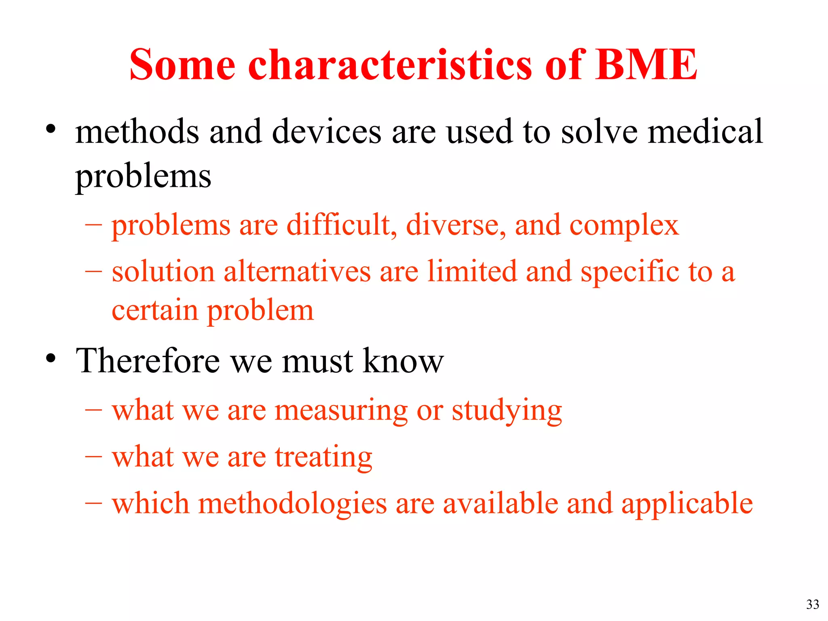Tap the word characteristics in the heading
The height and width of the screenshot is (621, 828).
[x=390, y=65]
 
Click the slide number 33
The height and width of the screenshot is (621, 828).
[x=812, y=604]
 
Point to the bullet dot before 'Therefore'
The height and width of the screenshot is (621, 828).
[x=51, y=358]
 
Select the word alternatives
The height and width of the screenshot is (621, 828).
[x=297, y=271]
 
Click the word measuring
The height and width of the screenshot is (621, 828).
[x=341, y=411]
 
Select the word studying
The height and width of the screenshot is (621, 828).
[x=507, y=411]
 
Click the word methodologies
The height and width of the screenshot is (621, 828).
[x=292, y=504]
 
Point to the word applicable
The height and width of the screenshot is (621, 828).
[x=687, y=504]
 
